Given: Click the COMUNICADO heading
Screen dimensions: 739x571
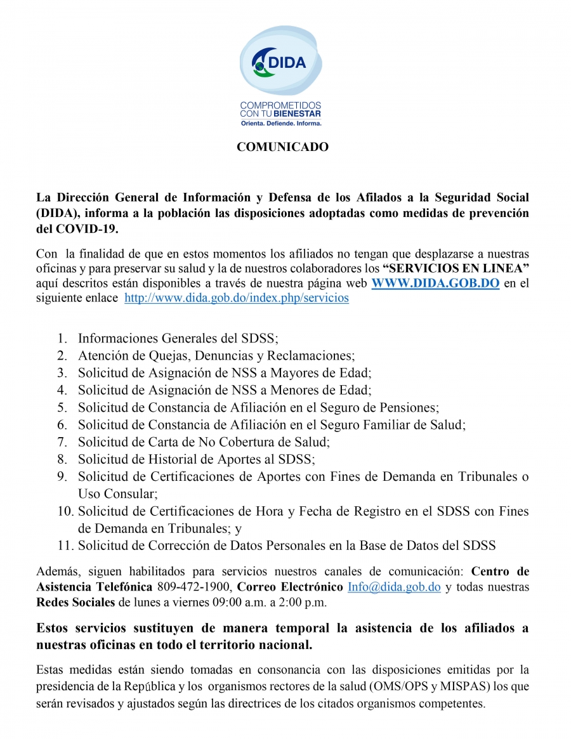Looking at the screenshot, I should [x=282, y=147].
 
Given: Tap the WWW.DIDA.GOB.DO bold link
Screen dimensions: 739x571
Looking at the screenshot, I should [x=435, y=284].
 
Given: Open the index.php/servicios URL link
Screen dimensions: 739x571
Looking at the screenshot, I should [x=237, y=298].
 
